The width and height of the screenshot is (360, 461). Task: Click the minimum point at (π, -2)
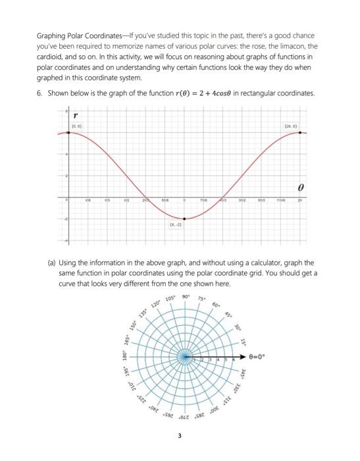[184, 219]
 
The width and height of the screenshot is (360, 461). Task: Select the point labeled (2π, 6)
[301, 132]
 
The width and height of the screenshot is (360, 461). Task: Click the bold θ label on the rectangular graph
[300, 186]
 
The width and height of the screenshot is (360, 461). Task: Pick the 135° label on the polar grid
[142, 321]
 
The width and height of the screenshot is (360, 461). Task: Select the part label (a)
[53, 261]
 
